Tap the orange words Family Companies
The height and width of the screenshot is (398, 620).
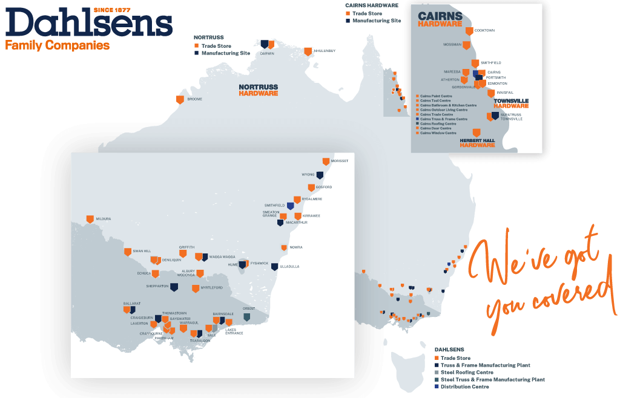57,45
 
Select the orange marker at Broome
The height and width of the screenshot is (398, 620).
180,99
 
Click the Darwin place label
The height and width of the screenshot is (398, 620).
267,53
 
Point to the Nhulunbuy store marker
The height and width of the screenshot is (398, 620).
308,51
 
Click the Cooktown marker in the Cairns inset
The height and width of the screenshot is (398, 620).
469,31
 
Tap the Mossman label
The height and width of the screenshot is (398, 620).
452,45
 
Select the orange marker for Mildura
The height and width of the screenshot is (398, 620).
90,219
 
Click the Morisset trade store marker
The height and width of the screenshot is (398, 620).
326,161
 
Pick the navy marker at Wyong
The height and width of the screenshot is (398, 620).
320,175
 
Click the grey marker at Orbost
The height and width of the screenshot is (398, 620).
246,316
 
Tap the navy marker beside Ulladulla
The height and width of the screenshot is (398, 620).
274,267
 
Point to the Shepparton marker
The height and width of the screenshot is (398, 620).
174,287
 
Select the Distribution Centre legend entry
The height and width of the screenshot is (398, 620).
464,387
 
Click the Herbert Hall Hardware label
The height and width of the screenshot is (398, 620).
477,143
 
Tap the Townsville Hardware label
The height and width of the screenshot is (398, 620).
511,103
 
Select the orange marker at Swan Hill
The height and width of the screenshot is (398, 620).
128,252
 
